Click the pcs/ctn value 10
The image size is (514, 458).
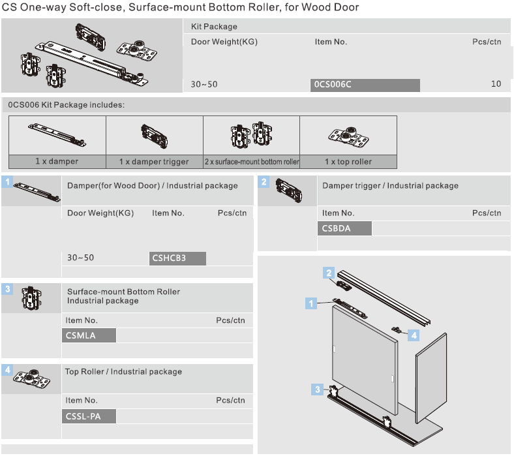click(496, 84)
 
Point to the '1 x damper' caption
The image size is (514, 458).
click(57, 162)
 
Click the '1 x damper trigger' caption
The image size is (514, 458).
click(154, 162)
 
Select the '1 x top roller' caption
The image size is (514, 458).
click(348, 162)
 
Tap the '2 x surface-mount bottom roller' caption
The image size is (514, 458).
click(251, 162)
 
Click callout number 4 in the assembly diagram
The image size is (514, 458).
click(414, 335)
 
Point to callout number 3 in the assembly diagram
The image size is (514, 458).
click(318, 389)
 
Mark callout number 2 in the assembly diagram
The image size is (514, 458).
click(329, 273)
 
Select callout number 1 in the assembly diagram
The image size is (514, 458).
click(312, 303)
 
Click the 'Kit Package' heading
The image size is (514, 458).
click(214, 27)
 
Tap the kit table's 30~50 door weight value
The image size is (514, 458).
click(204, 85)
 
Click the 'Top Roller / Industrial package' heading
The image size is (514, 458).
click(123, 372)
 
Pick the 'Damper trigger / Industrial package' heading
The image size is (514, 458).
click(390, 186)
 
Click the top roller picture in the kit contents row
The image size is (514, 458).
click(348, 136)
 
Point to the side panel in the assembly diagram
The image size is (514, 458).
click(431, 378)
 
